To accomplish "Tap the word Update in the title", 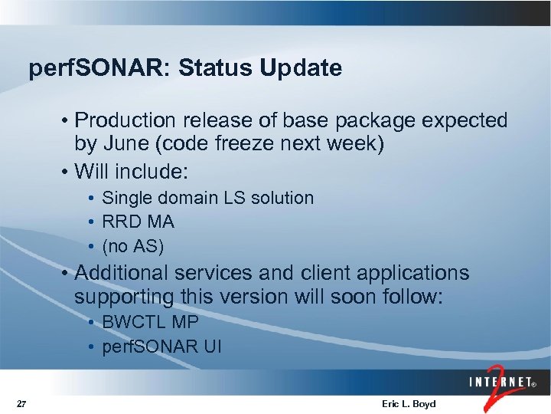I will coord(300,69).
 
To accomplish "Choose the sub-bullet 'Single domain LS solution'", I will coord(207,198).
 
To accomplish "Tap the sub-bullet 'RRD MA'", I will coord(138,222).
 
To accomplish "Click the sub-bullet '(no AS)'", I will coord(132,247).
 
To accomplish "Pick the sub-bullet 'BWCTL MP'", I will coord(149,322).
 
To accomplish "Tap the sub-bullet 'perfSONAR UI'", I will coord(161,347).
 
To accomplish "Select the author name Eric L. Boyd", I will coord(408,404).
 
